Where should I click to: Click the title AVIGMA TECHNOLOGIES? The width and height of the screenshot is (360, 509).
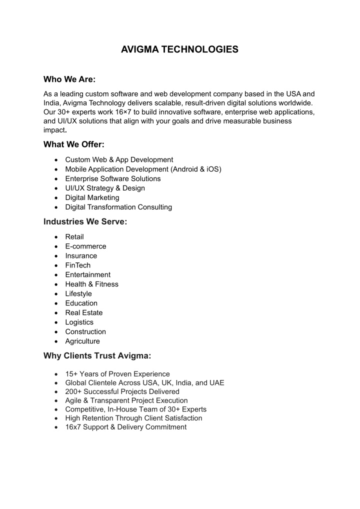[x=179, y=49]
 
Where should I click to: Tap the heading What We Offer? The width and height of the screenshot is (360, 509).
[x=73, y=144]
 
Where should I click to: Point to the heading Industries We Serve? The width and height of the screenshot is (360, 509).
[x=85, y=221]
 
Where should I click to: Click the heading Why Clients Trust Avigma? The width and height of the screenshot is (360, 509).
[x=97, y=356]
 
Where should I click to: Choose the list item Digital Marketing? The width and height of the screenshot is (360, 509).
[x=92, y=197]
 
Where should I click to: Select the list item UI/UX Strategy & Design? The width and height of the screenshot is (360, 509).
[x=105, y=188]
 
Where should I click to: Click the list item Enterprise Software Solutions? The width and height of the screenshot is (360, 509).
[x=113, y=178]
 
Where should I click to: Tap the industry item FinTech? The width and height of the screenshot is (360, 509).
[x=78, y=265]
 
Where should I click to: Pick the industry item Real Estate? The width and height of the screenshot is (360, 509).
[x=84, y=312]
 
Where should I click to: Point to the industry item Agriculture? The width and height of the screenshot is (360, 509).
[x=82, y=341]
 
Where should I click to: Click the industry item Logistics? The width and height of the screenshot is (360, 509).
[x=79, y=322]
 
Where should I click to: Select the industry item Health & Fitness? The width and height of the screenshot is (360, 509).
[x=92, y=284]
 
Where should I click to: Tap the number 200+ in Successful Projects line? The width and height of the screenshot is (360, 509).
[x=73, y=391]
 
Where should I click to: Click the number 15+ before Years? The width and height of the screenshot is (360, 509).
[x=71, y=374]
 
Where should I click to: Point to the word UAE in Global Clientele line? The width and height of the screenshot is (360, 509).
[x=216, y=383]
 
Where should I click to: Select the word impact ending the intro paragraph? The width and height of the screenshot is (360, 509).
[x=54, y=130]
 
